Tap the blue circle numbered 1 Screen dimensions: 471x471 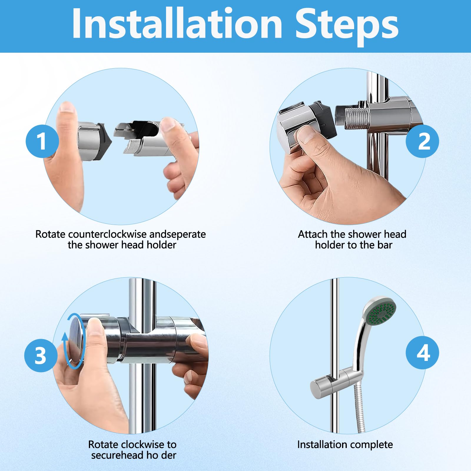pos(42,141)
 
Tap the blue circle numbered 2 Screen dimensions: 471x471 pos(422,141)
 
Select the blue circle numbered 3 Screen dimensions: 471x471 pos(41,355)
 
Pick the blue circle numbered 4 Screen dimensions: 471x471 pos(422,353)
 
